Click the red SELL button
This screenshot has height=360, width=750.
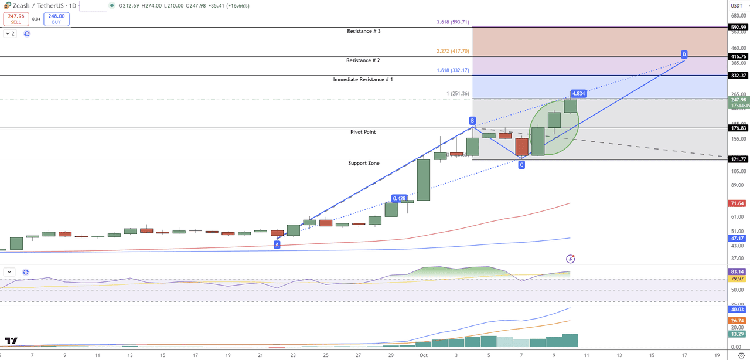tap(15, 19)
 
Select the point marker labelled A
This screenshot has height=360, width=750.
tap(277, 244)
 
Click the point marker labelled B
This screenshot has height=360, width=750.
tap(472, 121)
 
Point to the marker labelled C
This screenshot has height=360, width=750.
tap(521, 165)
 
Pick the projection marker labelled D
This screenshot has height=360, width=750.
tap(684, 55)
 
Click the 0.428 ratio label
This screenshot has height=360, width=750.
tap(400, 198)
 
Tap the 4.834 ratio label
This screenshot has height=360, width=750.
tap(578, 93)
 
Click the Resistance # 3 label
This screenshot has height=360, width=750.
tap(364, 31)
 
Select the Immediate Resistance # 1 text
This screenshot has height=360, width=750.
tap(363, 79)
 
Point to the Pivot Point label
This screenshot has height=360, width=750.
tap(363, 132)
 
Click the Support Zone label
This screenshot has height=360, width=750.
tap(363, 163)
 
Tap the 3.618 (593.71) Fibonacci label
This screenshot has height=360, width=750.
tap(453, 22)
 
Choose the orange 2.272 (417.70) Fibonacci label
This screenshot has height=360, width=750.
tap(453, 52)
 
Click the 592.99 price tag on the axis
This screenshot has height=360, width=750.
tap(738, 27)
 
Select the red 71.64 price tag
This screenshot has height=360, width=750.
tap(738, 203)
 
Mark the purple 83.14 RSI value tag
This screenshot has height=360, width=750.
tap(738, 272)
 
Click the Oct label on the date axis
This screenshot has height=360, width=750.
tap(424, 355)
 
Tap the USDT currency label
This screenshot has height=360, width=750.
tap(737, 5)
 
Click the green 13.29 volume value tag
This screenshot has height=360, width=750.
tap(738, 334)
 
